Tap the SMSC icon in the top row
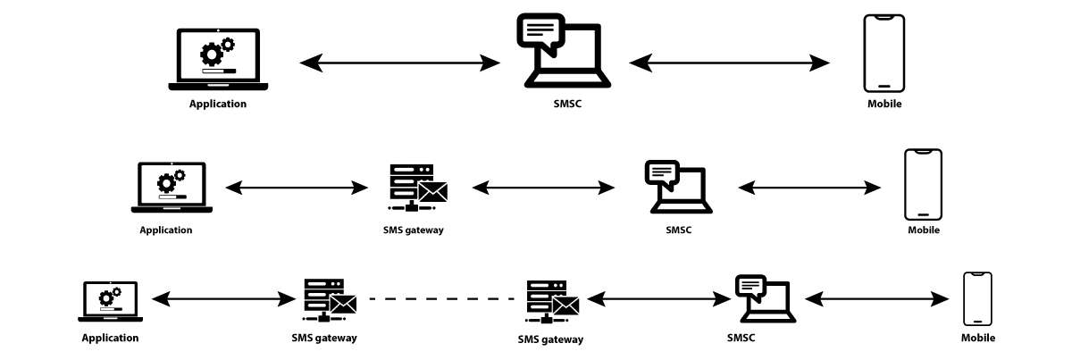point(564,52)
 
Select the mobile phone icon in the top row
point(884,53)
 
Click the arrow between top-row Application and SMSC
point(399,63)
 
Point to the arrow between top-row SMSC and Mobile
point(730,63)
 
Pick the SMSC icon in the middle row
point(678,186)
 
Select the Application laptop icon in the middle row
point(172,188)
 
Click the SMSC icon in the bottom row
point(765,297)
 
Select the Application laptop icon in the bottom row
point(110,301)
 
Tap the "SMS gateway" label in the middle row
point(413,230)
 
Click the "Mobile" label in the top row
point(884,105)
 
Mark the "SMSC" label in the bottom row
point(741,338)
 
